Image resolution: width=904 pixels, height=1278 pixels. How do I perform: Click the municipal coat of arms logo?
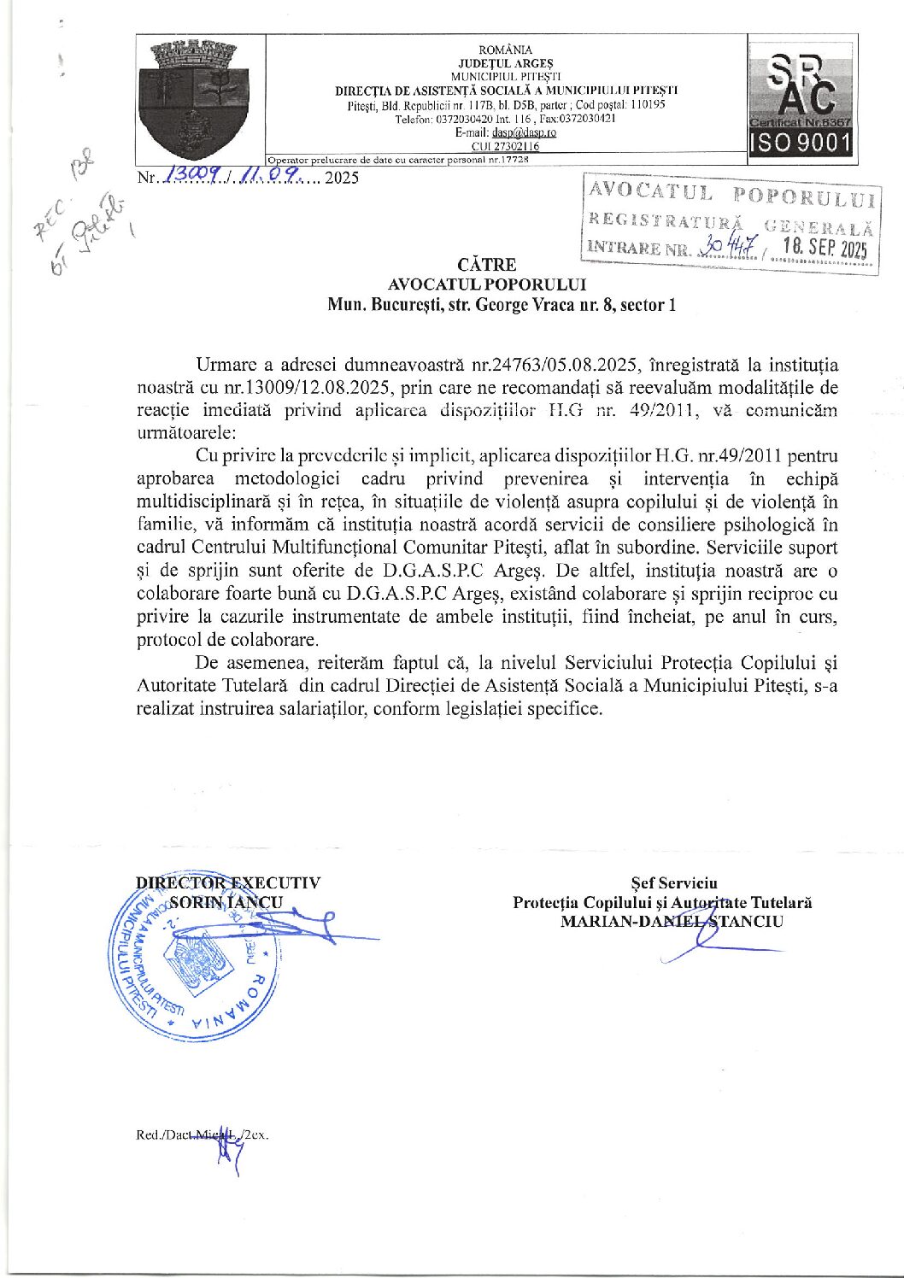click(x=199, y=99)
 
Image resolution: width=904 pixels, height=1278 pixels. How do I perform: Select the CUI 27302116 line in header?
click(x=505, y=146)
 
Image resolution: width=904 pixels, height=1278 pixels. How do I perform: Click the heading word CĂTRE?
click(x=487, y=265)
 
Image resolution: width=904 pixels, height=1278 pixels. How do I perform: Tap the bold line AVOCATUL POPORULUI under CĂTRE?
click(x=487, y=284)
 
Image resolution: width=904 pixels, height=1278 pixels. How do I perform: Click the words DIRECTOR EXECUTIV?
click(x=228, y=882)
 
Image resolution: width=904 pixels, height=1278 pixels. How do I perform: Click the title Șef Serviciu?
click(x=674, y=882)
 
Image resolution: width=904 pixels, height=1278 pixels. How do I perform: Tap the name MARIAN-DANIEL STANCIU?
click(x=672, y=921)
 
